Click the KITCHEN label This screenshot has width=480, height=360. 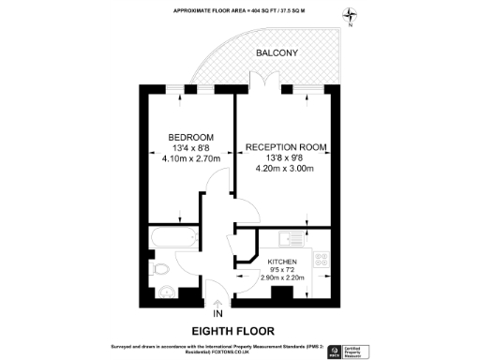(x=282, y=262)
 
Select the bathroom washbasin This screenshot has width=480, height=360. (x=167, y=291)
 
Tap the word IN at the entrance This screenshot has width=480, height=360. (x=219, y=313)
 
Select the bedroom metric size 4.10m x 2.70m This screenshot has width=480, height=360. (x=190, y=158)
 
